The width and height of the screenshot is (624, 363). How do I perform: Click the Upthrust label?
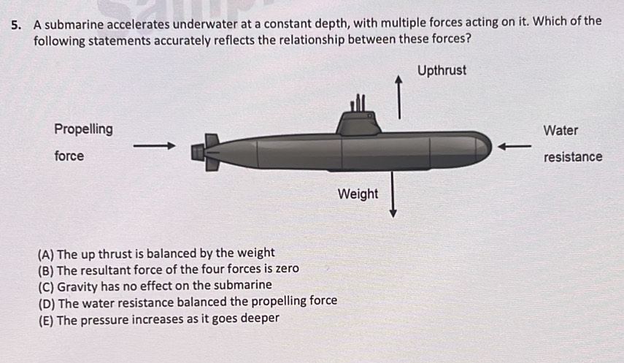tap(442, 71)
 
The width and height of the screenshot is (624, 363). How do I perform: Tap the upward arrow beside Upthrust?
tap(398, 97)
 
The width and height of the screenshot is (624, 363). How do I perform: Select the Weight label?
tap(358, 194)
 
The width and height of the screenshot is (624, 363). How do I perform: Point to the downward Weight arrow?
tap(393, 194)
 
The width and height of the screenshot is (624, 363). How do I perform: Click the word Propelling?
tap(84, 129)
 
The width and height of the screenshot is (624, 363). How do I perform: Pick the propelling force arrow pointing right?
tap(155, 146)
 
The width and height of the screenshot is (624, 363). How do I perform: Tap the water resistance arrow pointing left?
tap(515, 147)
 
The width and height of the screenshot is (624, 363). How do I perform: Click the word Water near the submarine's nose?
tap(561, 130)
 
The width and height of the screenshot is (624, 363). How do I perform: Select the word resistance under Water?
tap(573, 157)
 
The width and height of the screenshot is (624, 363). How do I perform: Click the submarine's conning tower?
tap(358, 123)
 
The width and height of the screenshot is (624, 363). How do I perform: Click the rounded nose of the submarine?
tap(482, 148)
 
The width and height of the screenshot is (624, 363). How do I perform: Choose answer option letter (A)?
tap(46, 254)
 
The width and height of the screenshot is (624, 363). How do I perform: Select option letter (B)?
tap(46, 271)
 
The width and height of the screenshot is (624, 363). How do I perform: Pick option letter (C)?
tap(46, 287)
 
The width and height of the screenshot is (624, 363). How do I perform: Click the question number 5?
tap(15, 26)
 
